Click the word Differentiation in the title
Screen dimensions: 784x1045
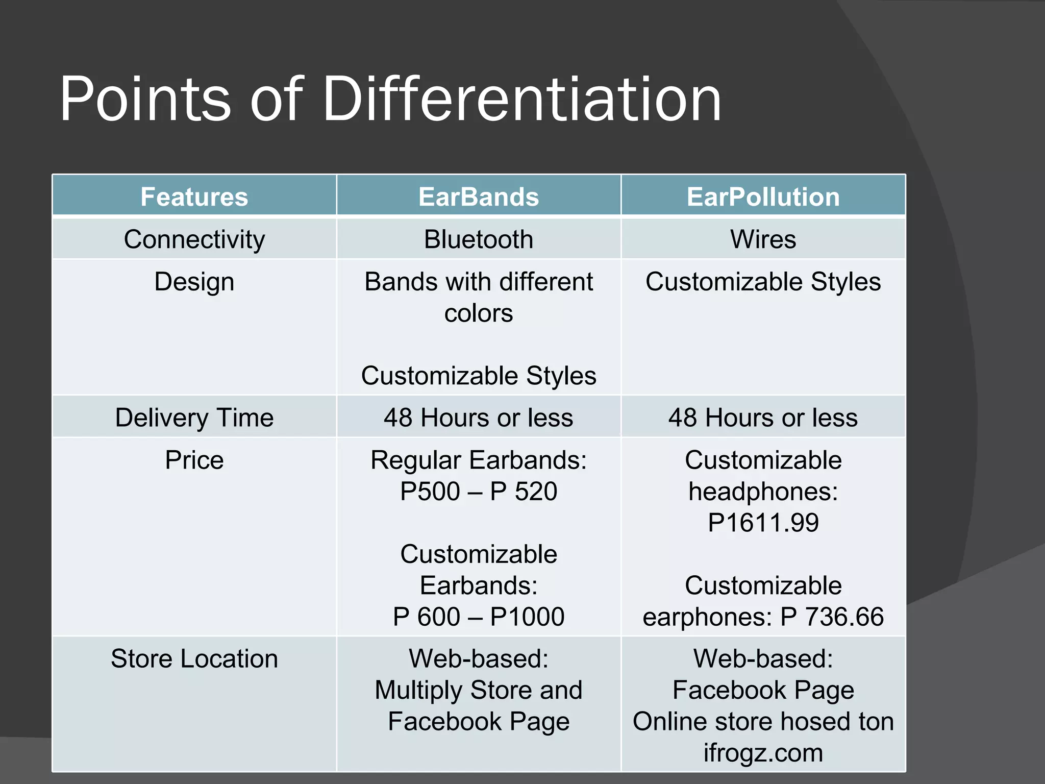pyautogui.click(x=521, y=100)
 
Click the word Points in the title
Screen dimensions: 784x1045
pyautogui.click(x=145, y=100)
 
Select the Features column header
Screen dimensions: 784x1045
pyautogui.click(x=194, y=197)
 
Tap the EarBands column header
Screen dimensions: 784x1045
pyautogui.click(x=479, y=197)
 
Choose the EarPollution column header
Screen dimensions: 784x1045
pyautogui.click(x=763, y=197)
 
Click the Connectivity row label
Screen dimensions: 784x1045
pyautogui.click(x=194, y=239)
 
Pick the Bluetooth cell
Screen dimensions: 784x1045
pyautogui.click(x=479, y=239)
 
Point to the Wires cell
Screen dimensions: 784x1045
pyautogui.click(x=763, y=239)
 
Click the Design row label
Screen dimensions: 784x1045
pyautogui.click(x=194, y=282)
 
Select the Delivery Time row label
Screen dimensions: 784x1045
pyautogui.click(x=194, y=418)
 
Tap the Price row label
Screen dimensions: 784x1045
pyautogui.click(x=194, y=460)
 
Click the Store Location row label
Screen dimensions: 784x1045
pyautogui.click(x=194, y=659)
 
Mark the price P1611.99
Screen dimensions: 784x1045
pyautogui.click(x=763, y=523)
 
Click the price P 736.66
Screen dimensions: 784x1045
pyautogui.click(x=832, y=617)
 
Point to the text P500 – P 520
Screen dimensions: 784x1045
pyautogui.click(x=479, y=492)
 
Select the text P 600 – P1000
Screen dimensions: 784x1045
pyautogui.click(x=479, y=617)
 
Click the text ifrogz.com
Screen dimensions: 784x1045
pyautogui.click(x=763, y=753)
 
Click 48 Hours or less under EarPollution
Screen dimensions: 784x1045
pyautogui.click(x=763, y=418)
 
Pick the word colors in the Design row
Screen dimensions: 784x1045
pyautogui.click(x=479, y=313)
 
